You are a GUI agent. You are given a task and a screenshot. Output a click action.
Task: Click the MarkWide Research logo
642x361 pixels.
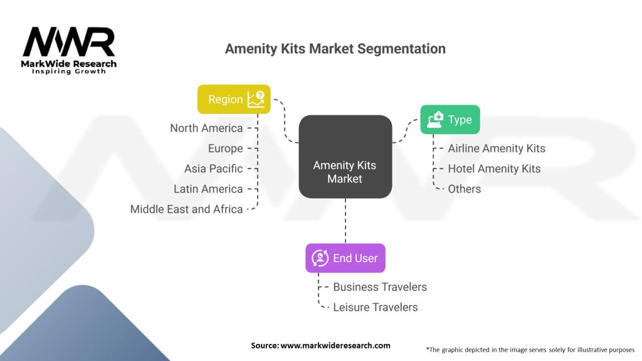[x=69, y=50]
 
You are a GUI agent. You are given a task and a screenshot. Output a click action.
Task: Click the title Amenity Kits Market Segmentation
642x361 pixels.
[x=335, y=49]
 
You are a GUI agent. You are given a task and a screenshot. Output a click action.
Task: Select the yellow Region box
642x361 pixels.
[x=234, y=99]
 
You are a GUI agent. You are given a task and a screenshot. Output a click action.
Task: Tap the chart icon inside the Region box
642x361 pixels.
[x=256, y=99]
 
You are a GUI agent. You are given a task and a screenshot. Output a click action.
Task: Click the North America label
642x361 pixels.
[x=206, y=128]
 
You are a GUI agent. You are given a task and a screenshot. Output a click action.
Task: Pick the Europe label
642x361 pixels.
[x=225, y=149]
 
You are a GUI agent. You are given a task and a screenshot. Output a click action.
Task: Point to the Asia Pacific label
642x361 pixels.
[x=213, y=169]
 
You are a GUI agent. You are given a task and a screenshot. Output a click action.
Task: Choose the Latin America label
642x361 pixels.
[x=208, y=189]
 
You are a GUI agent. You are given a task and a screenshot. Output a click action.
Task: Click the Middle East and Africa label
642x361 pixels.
[x=186, y=209]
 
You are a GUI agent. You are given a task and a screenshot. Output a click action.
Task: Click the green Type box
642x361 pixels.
[x=450, y=120]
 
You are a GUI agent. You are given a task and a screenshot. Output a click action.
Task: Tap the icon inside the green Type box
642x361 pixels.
[x=434, y=120]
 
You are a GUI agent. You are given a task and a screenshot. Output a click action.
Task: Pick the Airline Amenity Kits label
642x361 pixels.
[x=497, y=149]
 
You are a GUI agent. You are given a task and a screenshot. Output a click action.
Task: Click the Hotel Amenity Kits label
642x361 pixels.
[x=494, y=169]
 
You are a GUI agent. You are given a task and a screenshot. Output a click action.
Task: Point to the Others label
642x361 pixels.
[x=465, y=189]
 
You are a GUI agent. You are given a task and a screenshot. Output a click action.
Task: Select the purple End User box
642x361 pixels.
[x=345, y=258]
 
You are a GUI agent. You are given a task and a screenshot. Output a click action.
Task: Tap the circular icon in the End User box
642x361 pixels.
[x=320, y=258]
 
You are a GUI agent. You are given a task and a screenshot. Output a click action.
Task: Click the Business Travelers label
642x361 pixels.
[x=380, y=287]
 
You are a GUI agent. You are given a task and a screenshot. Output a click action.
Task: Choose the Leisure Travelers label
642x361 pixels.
[x=376, y=307]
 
